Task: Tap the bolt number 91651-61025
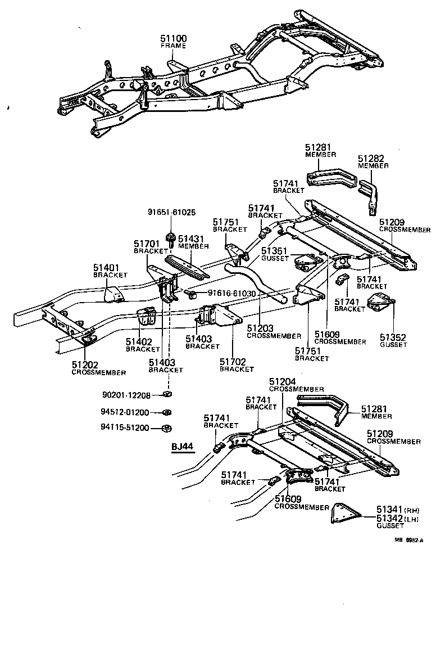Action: pyautogui.click(x=172, y=212)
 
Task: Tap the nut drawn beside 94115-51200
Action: pyautogui.click(x=167, y=428)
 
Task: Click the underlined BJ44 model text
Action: pyautogui.click(x=182, y=447)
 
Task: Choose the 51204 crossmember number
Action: pyautogui.click(x=283, y=381)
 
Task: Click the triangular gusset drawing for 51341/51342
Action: pyautogui.click(x=343, y=514)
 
